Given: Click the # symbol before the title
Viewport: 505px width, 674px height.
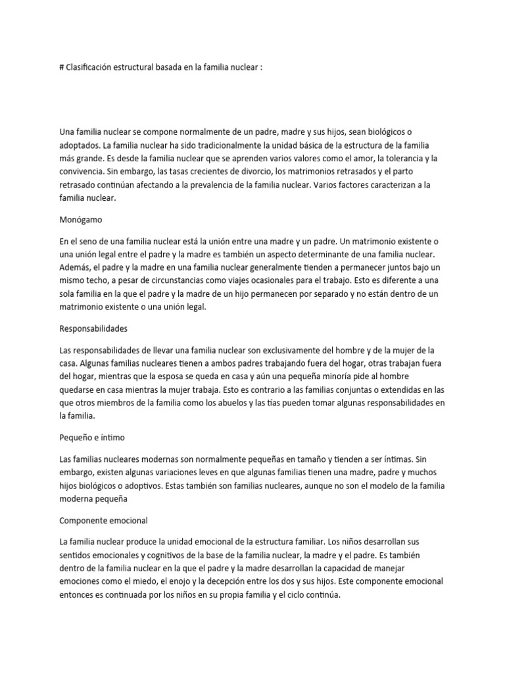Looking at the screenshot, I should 62,67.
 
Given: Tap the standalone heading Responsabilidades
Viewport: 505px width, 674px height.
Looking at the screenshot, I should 93,327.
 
